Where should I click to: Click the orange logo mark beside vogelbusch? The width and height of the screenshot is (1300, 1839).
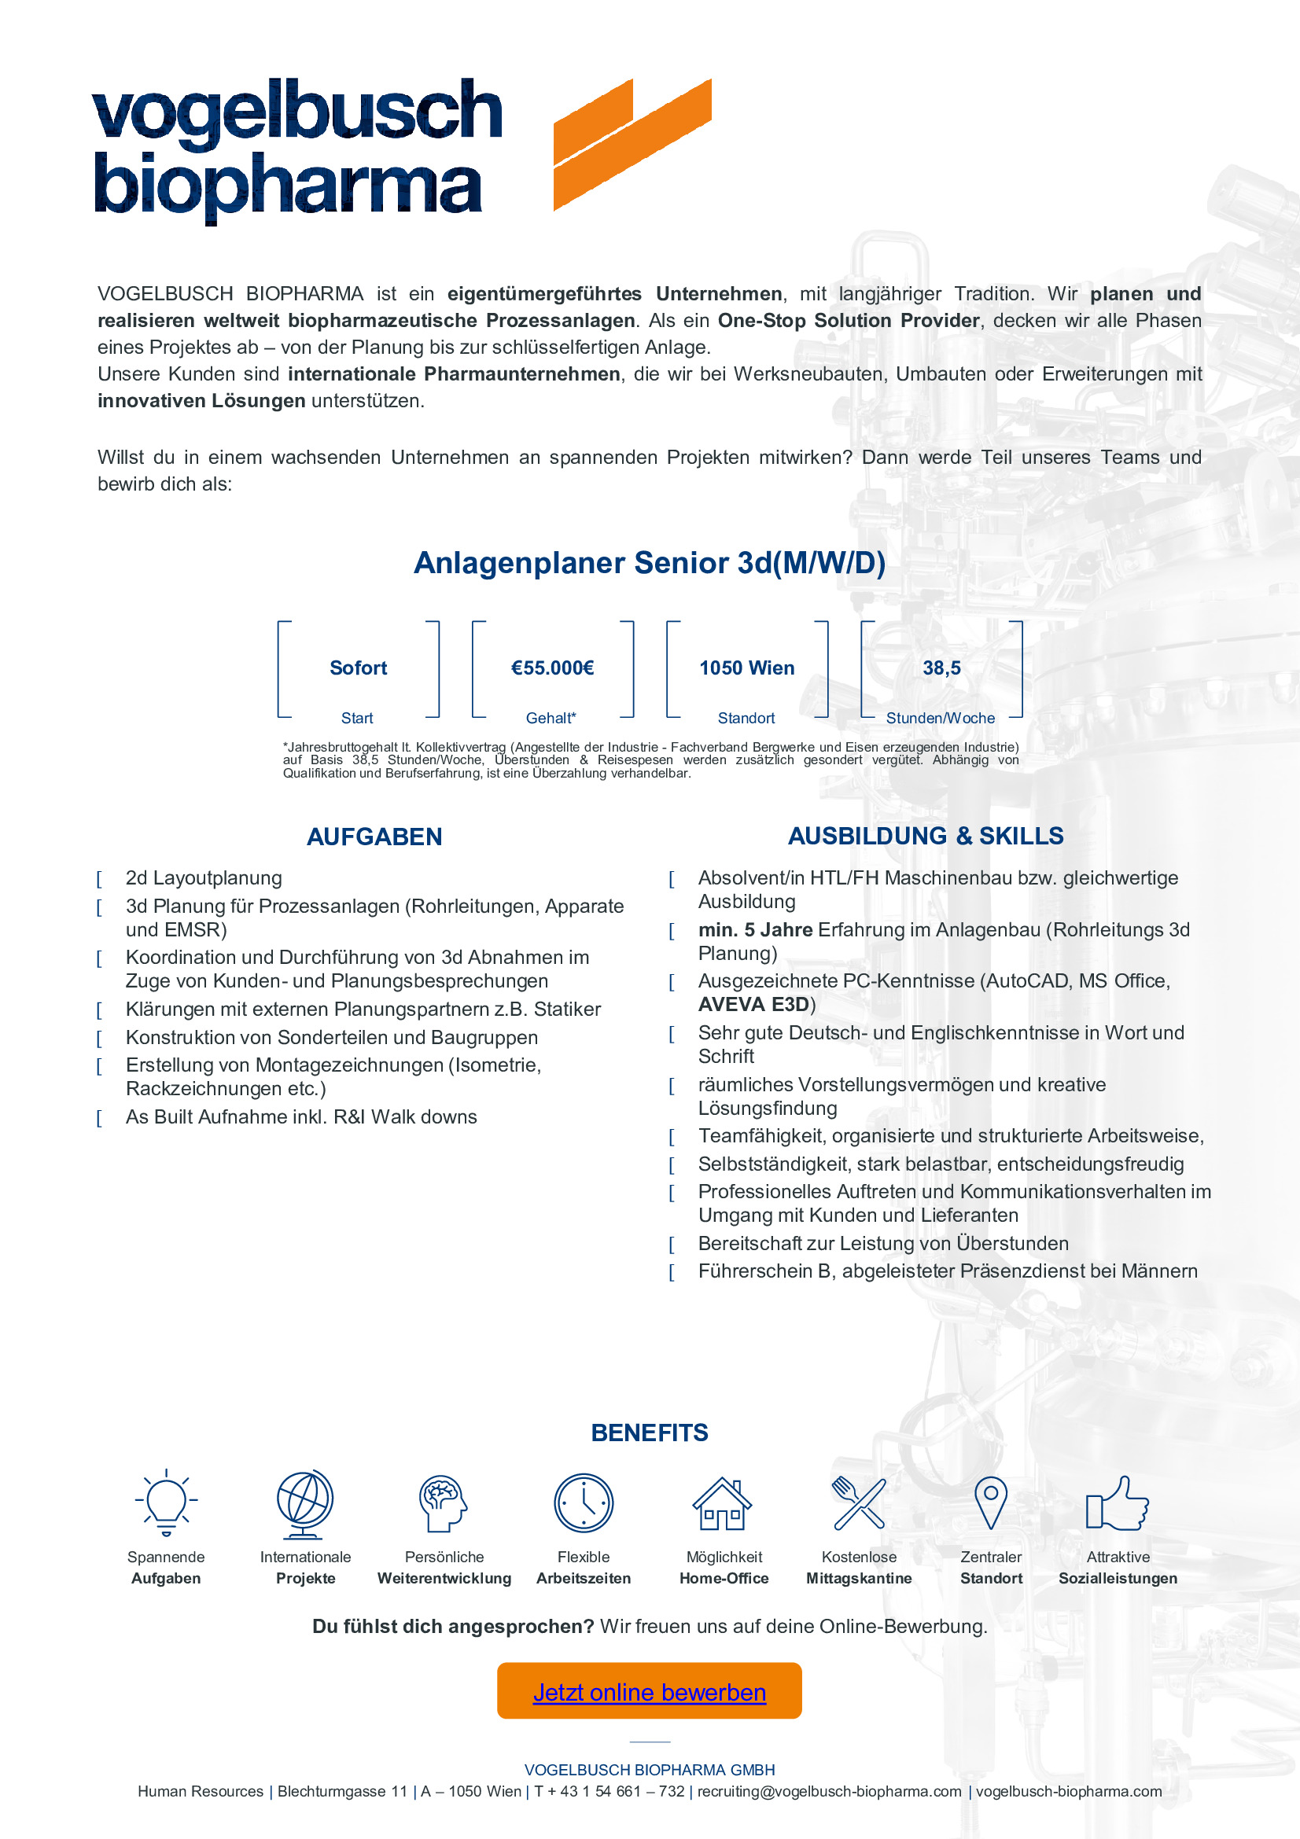632,144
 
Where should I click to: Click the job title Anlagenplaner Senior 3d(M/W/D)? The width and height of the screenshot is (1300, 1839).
649,563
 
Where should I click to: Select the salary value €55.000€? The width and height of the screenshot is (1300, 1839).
553,668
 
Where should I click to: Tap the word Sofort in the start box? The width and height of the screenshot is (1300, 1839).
358,668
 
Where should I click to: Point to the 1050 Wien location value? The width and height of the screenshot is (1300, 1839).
746,668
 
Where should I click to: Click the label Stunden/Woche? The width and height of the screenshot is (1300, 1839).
941,719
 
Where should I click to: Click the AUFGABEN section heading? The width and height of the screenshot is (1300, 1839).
374,837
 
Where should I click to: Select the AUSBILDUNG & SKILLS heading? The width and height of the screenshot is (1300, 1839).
925,837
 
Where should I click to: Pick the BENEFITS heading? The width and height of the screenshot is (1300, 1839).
650,1433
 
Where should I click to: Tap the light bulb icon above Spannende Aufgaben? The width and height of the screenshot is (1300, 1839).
166,1502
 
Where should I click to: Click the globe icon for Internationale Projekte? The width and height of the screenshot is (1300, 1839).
304,1503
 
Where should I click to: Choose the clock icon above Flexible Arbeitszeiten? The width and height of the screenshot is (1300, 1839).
583,1502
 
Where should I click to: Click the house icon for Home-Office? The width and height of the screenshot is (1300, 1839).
723,1503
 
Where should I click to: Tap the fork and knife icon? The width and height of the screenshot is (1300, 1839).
859,1502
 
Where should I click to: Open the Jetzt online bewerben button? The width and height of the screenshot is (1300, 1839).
650,1693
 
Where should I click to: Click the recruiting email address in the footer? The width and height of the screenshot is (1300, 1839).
829,1792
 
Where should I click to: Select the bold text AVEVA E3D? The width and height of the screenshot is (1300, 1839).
753,1004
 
